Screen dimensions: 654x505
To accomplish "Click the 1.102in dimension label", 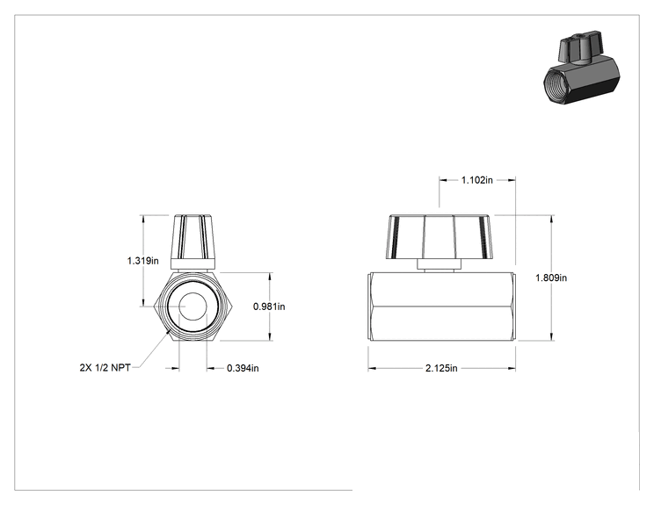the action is pos(476,180).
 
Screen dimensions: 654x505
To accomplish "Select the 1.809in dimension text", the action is pos(551,278).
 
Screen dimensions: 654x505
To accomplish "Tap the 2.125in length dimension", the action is pos(441,368).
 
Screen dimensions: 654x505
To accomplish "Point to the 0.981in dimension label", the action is pos(269,307).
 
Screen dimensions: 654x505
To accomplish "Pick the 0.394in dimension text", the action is pos(243,368).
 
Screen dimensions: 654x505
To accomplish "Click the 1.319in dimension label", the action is pos(142,261).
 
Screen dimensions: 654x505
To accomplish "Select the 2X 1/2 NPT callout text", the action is pos(105,367).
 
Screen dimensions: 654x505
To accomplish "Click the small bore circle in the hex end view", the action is pos(193,307).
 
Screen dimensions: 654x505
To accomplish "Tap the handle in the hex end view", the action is pos(193,237).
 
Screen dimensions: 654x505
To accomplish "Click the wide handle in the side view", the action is pos(440,236).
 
